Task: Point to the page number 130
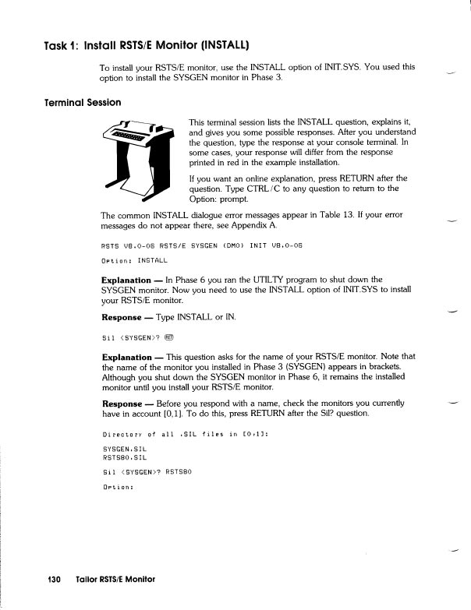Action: coord(54,580)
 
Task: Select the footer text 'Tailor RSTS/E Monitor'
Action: coord(115,580)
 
